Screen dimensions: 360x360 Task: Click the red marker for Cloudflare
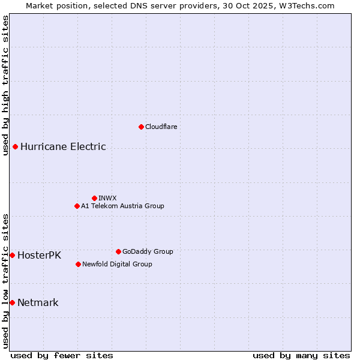click(x=141, y=127)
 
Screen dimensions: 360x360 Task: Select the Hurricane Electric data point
click(x=15, y=146)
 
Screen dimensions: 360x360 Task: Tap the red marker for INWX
click(x=94, y=198)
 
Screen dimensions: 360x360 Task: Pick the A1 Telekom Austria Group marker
click(x=77, y=206)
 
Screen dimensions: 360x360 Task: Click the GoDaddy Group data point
click(x=118, y=251)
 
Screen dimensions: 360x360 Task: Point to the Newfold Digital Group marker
click(x=78, y=264)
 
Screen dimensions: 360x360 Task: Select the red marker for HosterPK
click(x=12, y=255)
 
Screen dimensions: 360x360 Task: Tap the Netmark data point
click(x=12, y=302)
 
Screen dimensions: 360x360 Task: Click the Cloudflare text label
click(x=161, y=127)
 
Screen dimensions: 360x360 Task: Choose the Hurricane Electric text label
click(x=63, y=146)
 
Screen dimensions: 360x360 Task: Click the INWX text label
click(x=107, y=198)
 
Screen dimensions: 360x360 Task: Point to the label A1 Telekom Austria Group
click(x=122, y=206)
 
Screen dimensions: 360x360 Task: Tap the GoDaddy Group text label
click(x=148, y=251)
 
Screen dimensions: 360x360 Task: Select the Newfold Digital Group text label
click(x=117, y=264)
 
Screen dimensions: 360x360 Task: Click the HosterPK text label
click(x=39, y=255)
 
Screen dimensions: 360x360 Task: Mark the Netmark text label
click(x=38, y=302)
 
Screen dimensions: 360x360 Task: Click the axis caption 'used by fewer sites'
click(x=62, y=355)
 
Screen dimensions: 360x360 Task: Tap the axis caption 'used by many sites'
click(x=301, y=355)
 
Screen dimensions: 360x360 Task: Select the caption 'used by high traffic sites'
click(x=5, y=86)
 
